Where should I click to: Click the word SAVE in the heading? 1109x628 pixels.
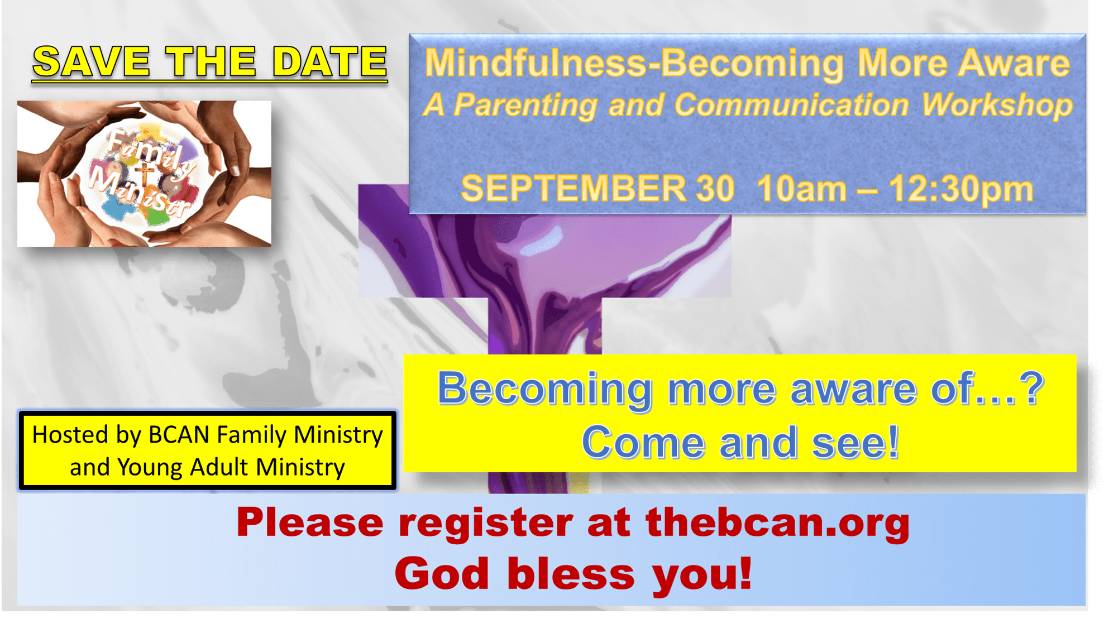click(92, 61)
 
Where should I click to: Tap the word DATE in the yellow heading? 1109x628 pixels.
click(330, 61)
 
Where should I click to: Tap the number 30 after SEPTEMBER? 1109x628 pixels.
click(715, 189)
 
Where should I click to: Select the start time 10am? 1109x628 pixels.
click(802, 189)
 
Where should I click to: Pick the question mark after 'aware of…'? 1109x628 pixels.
click(1032, 387)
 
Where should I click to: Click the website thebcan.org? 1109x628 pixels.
click(778, 522)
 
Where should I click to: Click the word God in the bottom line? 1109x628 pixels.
click(442, 574)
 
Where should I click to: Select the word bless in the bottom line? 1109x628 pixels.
click(571, 574)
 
